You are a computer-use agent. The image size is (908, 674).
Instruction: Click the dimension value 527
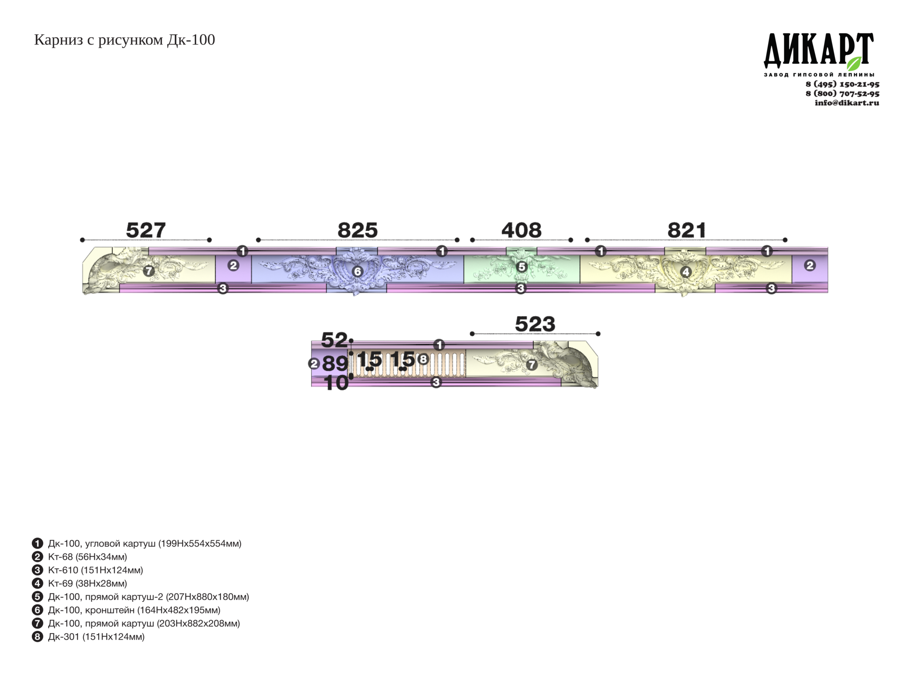pos(146,230)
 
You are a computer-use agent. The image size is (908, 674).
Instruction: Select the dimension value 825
pos(357,230)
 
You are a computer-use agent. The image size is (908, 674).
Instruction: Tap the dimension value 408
pos(521,230)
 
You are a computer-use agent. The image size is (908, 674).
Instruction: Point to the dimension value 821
pos(686,230)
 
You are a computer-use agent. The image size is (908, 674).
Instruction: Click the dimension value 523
pos(535,324)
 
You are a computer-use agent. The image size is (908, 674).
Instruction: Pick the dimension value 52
pos(334,340)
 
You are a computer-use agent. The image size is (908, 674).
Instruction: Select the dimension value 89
pos(335,363)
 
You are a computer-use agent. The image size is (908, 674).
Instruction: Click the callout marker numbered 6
pos(357,272)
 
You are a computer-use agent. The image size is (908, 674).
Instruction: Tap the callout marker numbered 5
pos(522,267)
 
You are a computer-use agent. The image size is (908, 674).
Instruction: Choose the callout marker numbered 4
pos(686,272)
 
